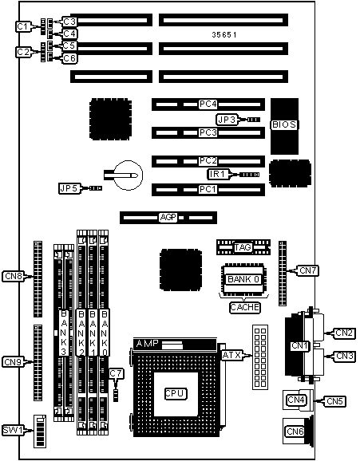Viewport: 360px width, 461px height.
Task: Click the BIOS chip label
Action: pos(284,124)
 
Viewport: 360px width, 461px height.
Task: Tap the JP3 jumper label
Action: pos(227,120)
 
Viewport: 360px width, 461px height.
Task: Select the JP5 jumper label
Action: pos(69,188)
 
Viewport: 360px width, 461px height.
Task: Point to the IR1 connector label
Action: pos(217,174)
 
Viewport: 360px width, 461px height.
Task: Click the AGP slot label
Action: pos(168,218)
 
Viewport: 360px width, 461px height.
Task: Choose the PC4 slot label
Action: pos(208,104)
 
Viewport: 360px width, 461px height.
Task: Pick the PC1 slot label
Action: pos(208,189)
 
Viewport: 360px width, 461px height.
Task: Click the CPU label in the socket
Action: pos(176,393)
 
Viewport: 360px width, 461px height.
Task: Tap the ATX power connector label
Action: pos(231,355)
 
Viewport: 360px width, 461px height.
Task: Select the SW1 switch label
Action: pos(13,431)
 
